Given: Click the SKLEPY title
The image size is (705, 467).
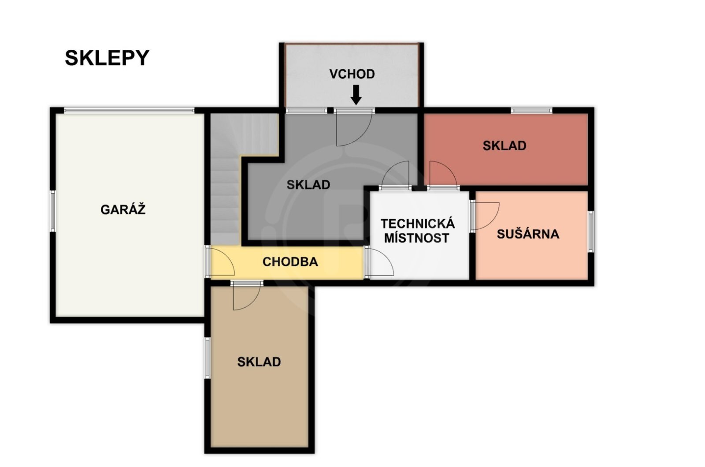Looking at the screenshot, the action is click(107, 58).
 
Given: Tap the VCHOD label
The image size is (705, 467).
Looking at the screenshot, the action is click(352, 74).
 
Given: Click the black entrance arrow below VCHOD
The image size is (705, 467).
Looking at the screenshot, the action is click(356, 94).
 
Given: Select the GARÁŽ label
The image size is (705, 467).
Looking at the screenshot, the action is click(123, 209).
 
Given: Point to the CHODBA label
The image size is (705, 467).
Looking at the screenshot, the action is click(290, 262).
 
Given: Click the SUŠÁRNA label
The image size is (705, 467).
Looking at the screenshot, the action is click(528, 234).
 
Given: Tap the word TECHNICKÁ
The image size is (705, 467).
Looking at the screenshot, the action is click(418, 224).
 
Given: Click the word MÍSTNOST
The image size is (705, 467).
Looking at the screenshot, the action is click(417, 239).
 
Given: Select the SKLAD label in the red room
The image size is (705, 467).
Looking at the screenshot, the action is click(505, 146).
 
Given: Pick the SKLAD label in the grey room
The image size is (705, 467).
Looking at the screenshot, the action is click(308, 185).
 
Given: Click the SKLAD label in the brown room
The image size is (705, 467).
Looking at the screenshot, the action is click(259, 362).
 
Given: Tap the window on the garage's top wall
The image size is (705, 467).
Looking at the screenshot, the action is click(130, 110).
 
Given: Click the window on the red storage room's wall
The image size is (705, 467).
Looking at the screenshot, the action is click(531, 110).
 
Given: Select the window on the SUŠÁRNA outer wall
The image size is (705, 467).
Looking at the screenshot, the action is click(591, 232).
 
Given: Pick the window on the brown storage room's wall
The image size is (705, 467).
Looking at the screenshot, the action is click(208, 358).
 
